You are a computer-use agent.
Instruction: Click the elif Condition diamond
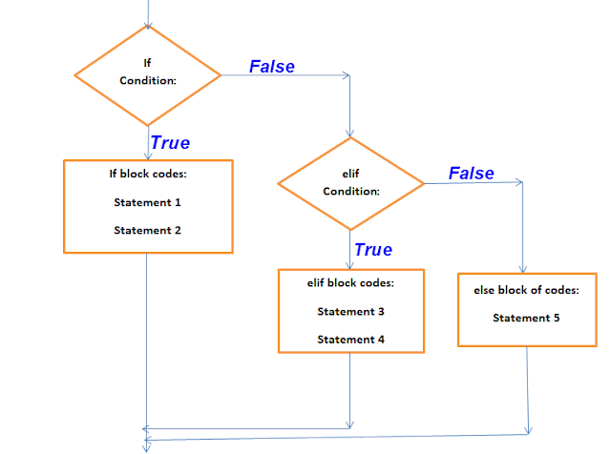tap(351, 182)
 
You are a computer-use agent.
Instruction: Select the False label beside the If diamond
tap(272, 66)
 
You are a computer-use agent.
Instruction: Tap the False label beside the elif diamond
tap(472, 173)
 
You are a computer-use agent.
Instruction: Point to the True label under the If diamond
tap(170, 143)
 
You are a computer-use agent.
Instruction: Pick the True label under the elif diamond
tap(372, 250)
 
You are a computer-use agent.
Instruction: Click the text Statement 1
tap(147, 202)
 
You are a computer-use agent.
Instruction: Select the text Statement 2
tap(147, 230)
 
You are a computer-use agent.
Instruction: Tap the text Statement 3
tap(351, 312)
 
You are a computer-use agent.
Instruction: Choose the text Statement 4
tap(351, 340)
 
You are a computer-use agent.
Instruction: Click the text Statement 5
tap(526, 318)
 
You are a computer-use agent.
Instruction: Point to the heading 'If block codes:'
tap(147, 175)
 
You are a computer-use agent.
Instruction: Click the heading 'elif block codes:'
tap(351, 283)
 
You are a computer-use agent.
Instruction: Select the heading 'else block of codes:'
tap(526, 290)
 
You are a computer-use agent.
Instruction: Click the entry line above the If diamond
tap(148, 11)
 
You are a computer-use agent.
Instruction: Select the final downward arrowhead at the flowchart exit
tap(146, 444)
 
